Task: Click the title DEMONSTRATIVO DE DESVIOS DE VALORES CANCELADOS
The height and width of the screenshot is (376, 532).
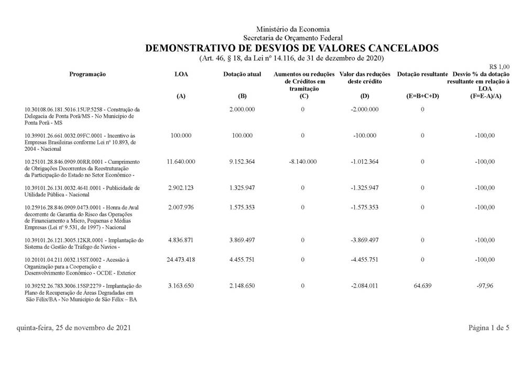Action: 291,48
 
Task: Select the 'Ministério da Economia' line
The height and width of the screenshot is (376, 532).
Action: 293,29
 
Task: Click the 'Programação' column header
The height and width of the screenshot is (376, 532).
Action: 88,74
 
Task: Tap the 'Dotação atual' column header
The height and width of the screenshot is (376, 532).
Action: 242,74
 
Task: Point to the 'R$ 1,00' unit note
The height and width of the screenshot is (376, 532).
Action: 499,67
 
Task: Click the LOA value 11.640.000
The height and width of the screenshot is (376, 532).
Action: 181,162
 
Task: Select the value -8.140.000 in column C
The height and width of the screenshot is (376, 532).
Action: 302,162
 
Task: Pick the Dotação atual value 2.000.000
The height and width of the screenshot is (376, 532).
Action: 242,109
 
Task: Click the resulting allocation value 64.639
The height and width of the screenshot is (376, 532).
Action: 422,286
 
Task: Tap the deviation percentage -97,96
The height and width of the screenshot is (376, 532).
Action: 485,286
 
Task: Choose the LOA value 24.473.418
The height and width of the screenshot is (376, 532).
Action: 181,260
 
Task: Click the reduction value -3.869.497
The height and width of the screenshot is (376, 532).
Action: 364,240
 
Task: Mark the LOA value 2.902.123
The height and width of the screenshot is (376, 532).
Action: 181,187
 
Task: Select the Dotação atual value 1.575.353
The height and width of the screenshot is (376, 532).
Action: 242,207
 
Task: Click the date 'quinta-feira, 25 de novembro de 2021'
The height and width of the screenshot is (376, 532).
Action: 74,328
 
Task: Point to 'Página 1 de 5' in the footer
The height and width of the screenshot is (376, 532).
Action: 489,328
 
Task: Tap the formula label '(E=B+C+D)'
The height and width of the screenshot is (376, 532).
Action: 422,96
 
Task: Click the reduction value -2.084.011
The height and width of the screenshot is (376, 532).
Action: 364,286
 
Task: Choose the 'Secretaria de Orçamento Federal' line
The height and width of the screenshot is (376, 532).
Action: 293,38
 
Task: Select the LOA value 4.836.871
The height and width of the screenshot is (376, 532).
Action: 181,240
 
